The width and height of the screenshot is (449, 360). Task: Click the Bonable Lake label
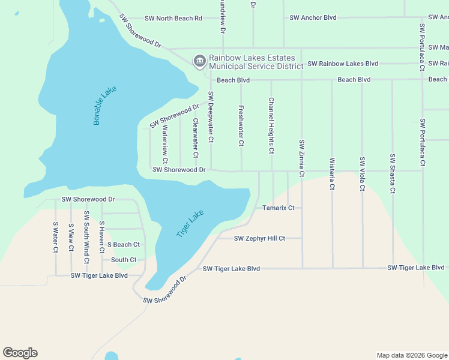pyautogui.click(x=104, y=106)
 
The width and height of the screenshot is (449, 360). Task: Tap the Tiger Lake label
pyautogui.click(x=190, y=223)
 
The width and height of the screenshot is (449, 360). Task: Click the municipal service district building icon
pyautogui.click(x=199, y=61)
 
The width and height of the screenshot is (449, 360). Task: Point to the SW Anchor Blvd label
pyautogui.click(x=313, y=18)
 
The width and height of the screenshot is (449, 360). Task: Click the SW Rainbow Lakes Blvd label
pyautogui.click(x=343, y=64)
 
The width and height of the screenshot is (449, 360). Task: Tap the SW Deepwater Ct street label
pyautogui.click(x=211, y=117)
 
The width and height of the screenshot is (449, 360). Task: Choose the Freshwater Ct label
pyautogui.click(x=241, y=126)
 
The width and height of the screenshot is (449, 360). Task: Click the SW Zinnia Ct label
pyautogui.click(x=301, y=158)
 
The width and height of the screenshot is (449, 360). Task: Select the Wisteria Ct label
pyautogui.click(x=331, y=174)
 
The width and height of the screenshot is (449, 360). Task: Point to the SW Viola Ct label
pyautogui.click(x=362, y=174)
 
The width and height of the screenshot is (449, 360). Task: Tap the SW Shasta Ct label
pyautogui.click(x=392, y=174)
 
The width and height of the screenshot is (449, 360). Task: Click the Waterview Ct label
pyautogui.click(x=165, y=144)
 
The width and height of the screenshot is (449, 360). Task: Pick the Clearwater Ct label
pyautogui.click(x=195, y=138)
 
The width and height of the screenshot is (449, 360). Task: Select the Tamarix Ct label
pyautogui.click(x=279, y=208)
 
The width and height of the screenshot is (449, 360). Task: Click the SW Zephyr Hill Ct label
pyautogui.click(x=259, y=238)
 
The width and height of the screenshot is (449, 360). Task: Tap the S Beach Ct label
pyautogui.click(x=123, y=245)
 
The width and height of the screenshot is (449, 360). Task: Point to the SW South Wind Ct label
pyautogui.click(x=86, y=237)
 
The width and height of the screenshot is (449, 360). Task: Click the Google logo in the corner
pyautogui.click(x=20, y=353)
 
